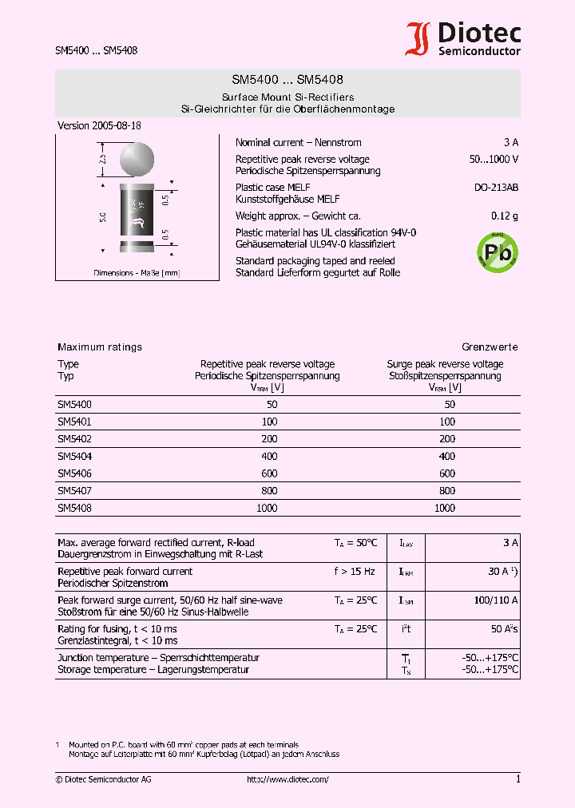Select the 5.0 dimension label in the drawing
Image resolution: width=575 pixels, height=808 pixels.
103,217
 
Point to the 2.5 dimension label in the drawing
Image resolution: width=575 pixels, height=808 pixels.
102,159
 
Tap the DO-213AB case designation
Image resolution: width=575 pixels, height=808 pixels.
496,188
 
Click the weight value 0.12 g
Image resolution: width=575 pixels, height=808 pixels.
504,216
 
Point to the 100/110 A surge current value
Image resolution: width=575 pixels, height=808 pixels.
495,600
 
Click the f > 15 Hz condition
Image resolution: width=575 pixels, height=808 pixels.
354,572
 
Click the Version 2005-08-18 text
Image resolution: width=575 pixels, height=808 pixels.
100,126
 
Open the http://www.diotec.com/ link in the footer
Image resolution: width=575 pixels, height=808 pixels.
287,779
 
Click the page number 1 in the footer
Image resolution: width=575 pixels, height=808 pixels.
517,779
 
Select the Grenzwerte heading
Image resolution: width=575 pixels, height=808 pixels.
490,347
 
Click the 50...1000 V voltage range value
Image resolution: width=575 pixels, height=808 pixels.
494,159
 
